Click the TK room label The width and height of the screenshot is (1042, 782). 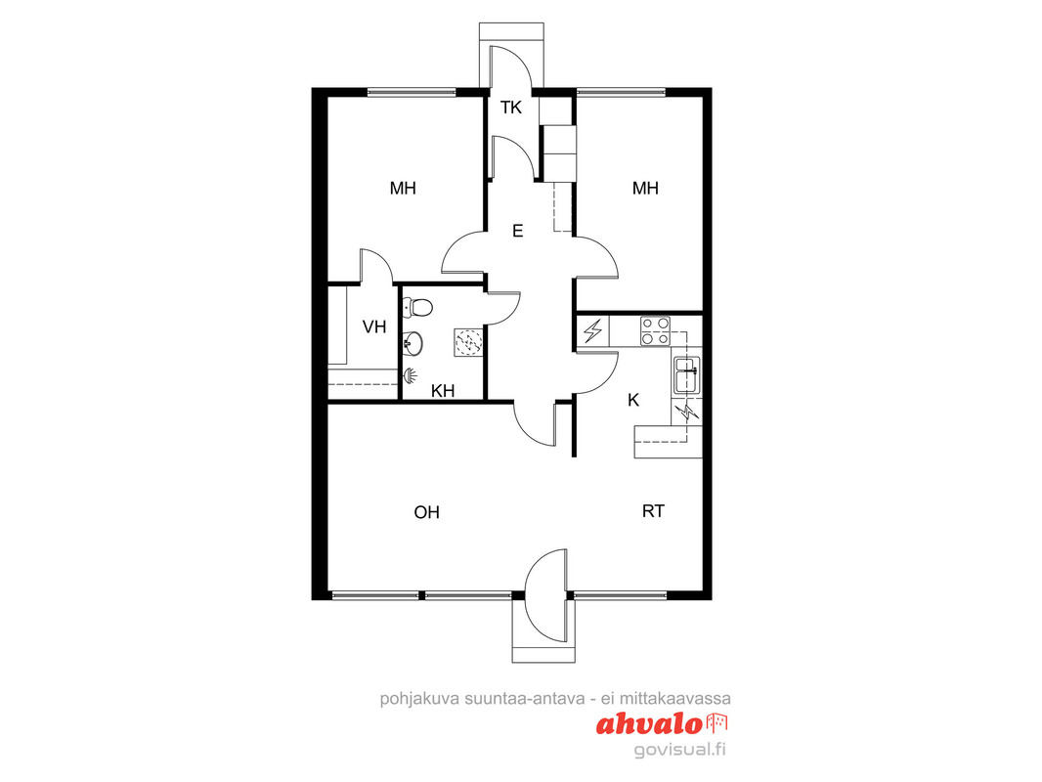pyautogui.click(x=511, y=107)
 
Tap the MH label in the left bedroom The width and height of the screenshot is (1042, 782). pyautogui.click(x=403, y=188)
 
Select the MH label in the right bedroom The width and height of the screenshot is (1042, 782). pyautogui.click(x=645, y=188)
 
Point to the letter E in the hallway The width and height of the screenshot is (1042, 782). pyautogui.click(x=518, y=231)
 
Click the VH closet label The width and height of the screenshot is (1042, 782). pyautogui.click(x=374, y=326)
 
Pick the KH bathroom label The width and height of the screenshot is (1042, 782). pyautogui.click(x=443, y=391)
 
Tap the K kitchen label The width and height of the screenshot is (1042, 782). pyautogui.click(x=633, y=400)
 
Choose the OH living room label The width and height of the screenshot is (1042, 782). pyautogui.click(x=426, y=512)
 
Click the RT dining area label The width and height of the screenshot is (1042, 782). pyautogui.click(x=653, y=511)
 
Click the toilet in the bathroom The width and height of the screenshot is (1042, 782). pyautogui.click(x=418, y=308)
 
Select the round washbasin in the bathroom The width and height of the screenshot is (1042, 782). pyautogui.click(x=413, y=343)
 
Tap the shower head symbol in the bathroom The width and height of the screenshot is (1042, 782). pyautogui.click(x=410, y=376)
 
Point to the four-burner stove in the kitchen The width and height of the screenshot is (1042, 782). pyautogui.click(x=655, y=330)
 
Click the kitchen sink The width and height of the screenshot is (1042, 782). pyautogui.click(x=686, y=375)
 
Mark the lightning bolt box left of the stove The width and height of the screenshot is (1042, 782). pyautogui.click(x=593, y=330)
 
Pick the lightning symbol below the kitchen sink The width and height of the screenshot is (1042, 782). pyautogui.click(x=686, y=413)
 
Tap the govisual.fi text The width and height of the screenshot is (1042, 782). pyautogui.click(x=679, y=750)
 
